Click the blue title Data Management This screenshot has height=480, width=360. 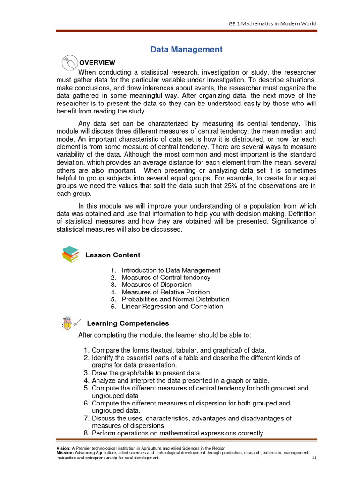pyautogui.click(x=186, y=50)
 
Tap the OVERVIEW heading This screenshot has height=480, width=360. pyautogui.click(x=97, y=63)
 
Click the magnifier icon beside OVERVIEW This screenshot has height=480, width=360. pyautogui.click(x=69, y=62)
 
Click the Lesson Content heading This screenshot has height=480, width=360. pyautogui.click(x=112, y=255)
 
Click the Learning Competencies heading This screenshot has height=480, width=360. pyautogui.click(x=128, y=323)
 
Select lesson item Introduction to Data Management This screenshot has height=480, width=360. pyautogui.click(x=171, y=270)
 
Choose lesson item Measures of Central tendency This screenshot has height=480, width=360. pyautogui.click(x=166, y=277)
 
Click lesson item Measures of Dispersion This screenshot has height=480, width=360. pyautogui.click(x=157, y=285)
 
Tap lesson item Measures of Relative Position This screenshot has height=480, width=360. pyautogui.click(x=165, y=292)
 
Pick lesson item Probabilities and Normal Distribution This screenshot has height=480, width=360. pyautogui.click(x=175, y=299)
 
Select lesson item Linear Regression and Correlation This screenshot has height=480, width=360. pyautogui.click(x=172, y=307)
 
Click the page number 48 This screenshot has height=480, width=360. pyautogui.click(x=314, y=458)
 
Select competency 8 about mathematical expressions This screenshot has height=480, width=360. pyautogui.click(x=178, y=433)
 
